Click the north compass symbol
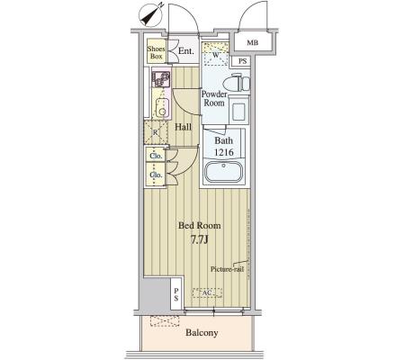[x=151, y=15]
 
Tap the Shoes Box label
[x=156, y=52]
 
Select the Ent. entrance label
[x=186, y=51]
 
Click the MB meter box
[x=253, y=42]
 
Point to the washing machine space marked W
[x=215, y=55]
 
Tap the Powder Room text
[x=214, y=98]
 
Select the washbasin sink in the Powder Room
[x=238, y=112]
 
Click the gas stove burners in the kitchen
[x=161, y=79]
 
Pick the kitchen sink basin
[x=161, y=107]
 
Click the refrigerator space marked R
[x=156, y=132]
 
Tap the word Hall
[x=184, y=127]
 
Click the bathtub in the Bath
[x=223, y=172]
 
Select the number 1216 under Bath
[x=224, y=152]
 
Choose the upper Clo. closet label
[x=156, y=156]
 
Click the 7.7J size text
[x=200, y=240]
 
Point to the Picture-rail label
[x=227, y=269]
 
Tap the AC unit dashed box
[x=207, y=292]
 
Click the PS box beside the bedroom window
[x=176, y=294]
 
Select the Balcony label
[x=202, y=332]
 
